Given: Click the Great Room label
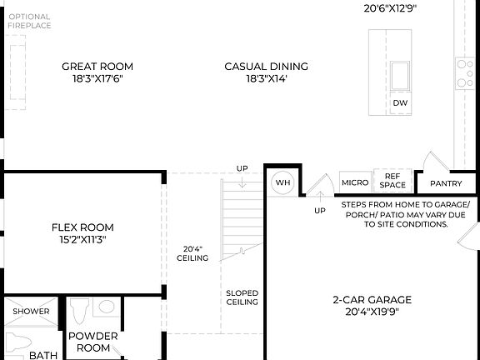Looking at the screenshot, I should pyautogui.click(x=97, y=67).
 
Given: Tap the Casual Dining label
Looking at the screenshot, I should pyautogui.click(x=266, y=67).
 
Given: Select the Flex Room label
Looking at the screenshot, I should pyautogui.click(x=82, y=227).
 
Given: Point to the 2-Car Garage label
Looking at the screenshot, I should pyautogui.click(x=372, y=300).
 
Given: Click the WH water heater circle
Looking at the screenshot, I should pyautogui.click(x=282, y=182).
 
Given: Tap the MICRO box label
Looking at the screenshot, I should pyautogui.click(x=355, y=182).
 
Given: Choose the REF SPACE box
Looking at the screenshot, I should pyautogui.click(x=393, y=180).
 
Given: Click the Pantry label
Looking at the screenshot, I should pyautogui.click(x=446, y=183).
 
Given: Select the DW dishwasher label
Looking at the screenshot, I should pyautogui.click(x=401, y=103).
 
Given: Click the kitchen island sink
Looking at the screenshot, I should pyautogui.click(x=401, y=75).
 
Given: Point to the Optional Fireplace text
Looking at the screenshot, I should pyautogui.click(x=29, y=21).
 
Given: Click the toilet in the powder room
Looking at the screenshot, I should pyautogui.click(x=79, y=313).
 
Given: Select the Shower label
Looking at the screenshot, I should pyautogui.click(x=30, y=312).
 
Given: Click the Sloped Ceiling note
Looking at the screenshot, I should pyautogui.click(x=242, y=297).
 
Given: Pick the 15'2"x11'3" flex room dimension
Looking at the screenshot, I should pyautogui.click(x=82, y=239).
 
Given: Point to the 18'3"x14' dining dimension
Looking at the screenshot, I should pyautogui.click(x=266, y=79).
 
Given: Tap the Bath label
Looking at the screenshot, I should pyautogui.click(x=43, y=355).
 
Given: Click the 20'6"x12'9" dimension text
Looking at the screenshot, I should pyautogui.click(x=390, y=8).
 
